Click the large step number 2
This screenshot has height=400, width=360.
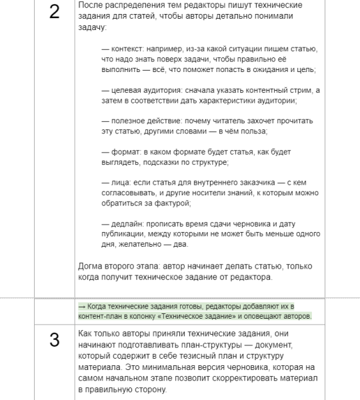point(55,14)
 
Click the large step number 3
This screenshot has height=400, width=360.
point(55,338)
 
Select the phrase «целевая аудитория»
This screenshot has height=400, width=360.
point(143,90)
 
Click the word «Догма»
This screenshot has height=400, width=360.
point(92,266)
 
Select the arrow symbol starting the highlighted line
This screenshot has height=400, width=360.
point(81,305)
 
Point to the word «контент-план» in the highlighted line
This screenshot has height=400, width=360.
point(100,315)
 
